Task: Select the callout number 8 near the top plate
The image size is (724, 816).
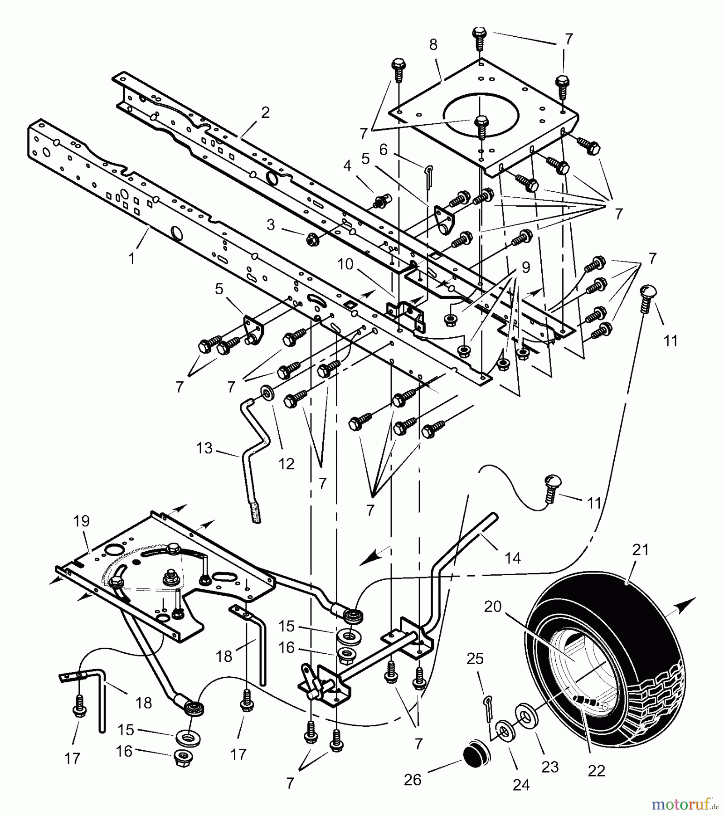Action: click(433, 45)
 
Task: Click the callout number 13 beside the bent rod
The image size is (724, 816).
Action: click(204, 448)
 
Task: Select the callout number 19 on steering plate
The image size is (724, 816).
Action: click(82, 521)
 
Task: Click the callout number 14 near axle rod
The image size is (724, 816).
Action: click(513, 559)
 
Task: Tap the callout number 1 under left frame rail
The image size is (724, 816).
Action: click(132, 258)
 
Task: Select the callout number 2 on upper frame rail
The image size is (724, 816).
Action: click(265, 112)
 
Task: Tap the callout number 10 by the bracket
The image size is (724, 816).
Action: click(345, 264)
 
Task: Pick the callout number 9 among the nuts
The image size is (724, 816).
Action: click(525, 267)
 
